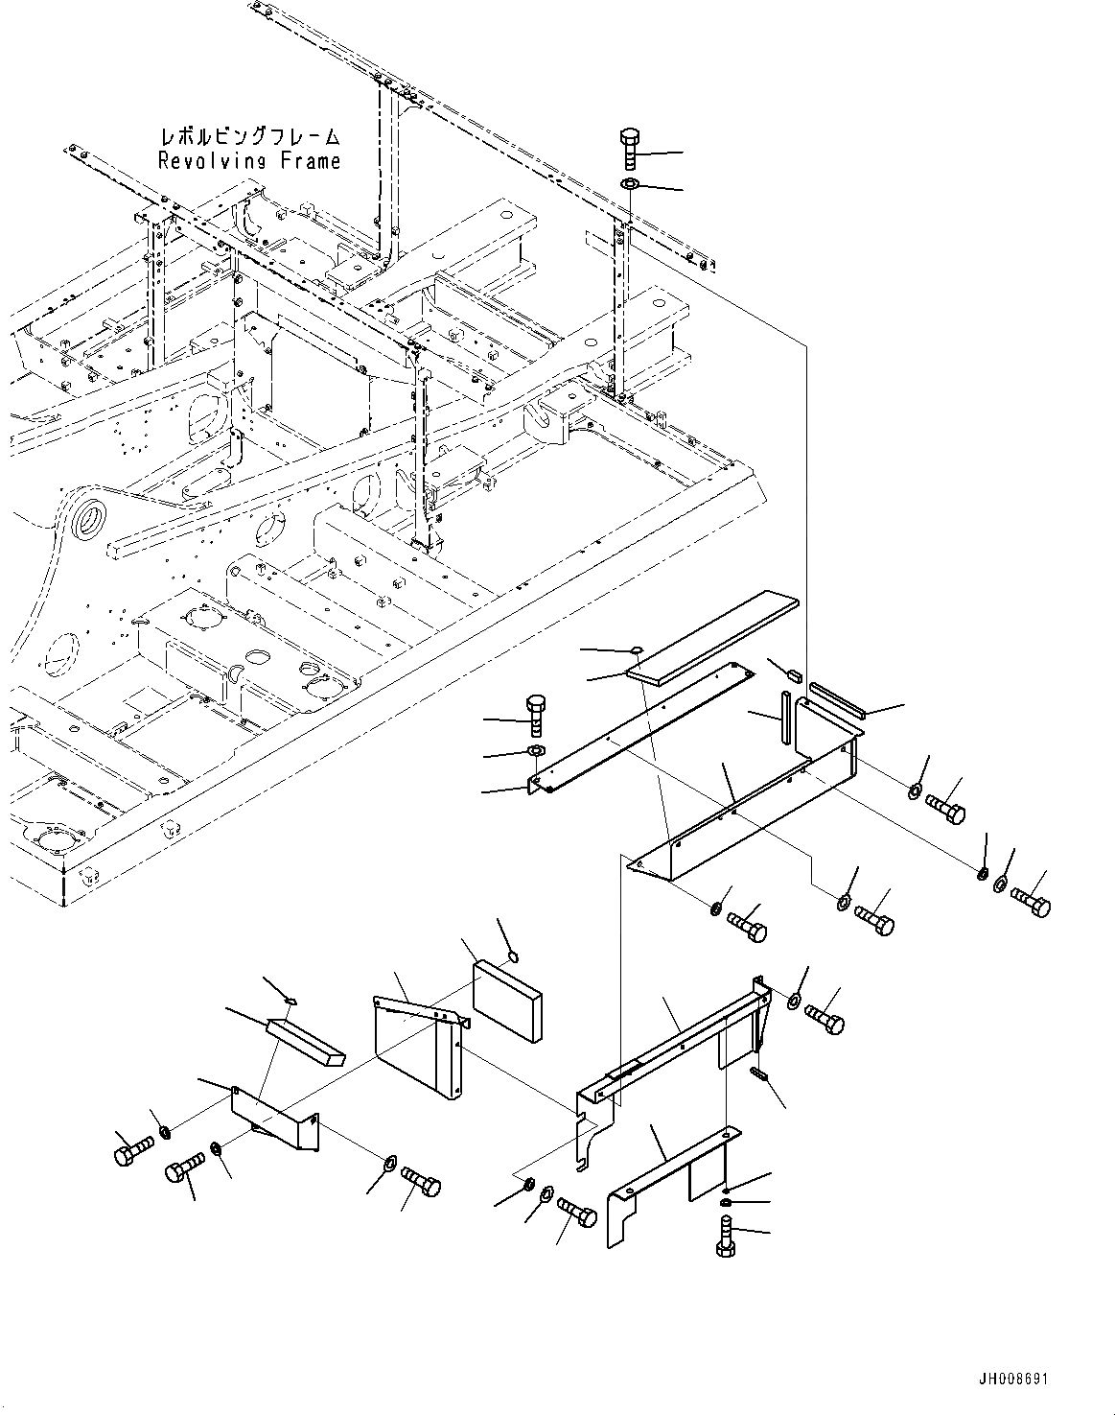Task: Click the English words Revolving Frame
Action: pos(249,160)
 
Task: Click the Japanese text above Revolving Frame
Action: pos(249,138)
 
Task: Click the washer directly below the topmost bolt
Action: pos(630,183)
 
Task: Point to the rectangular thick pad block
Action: pos(507,999)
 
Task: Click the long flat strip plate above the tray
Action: pos(712,637)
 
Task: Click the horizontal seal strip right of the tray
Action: pos(837,699)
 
